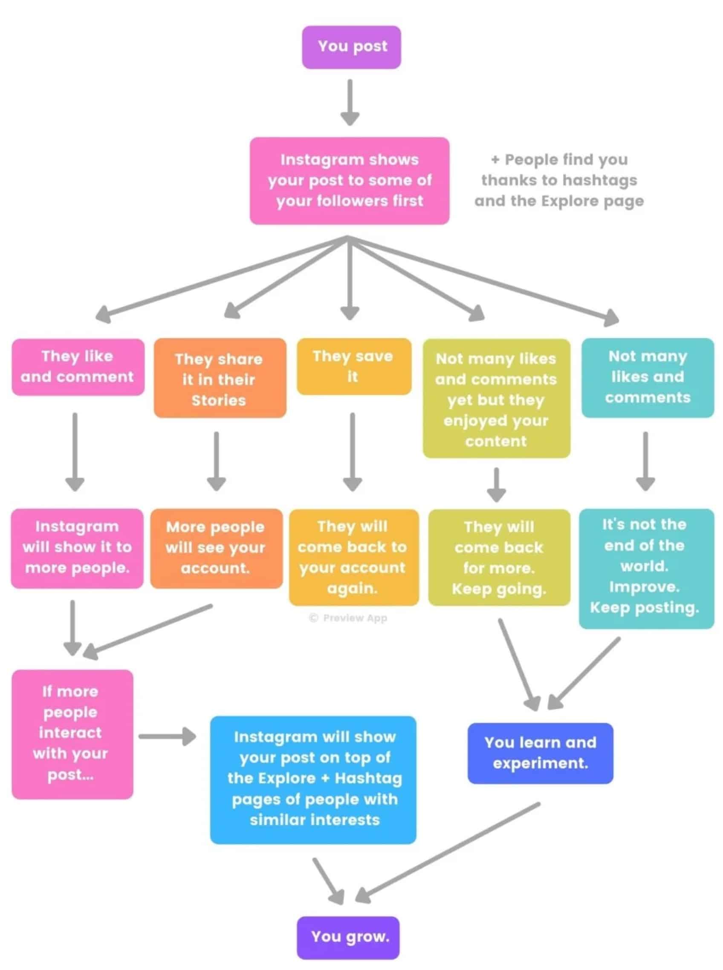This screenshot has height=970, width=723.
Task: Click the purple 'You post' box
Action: [351, 47]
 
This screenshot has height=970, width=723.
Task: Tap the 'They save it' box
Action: [354, 367]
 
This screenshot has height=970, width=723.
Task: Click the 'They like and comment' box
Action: [78, 367]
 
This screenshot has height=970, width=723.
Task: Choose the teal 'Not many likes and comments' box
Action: [647, 377]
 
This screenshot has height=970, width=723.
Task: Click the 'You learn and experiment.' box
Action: [540, 753]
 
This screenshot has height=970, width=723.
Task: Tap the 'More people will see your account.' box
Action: [216, 548]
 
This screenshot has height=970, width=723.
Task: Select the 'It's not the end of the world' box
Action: [646, 568]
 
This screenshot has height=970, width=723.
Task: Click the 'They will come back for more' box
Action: [499, 557]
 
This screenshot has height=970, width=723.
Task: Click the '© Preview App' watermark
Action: [348, 618]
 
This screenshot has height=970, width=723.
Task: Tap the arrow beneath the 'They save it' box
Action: [352, 452]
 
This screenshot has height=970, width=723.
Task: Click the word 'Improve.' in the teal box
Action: [644, 587]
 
